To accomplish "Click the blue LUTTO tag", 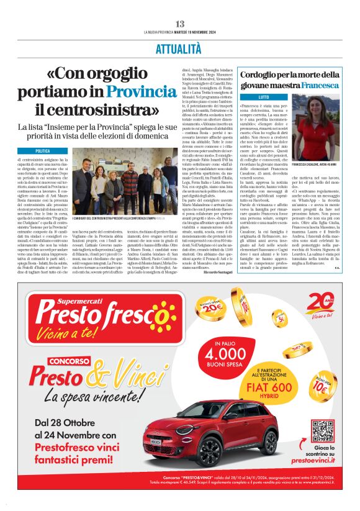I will (x=230, y=97).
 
